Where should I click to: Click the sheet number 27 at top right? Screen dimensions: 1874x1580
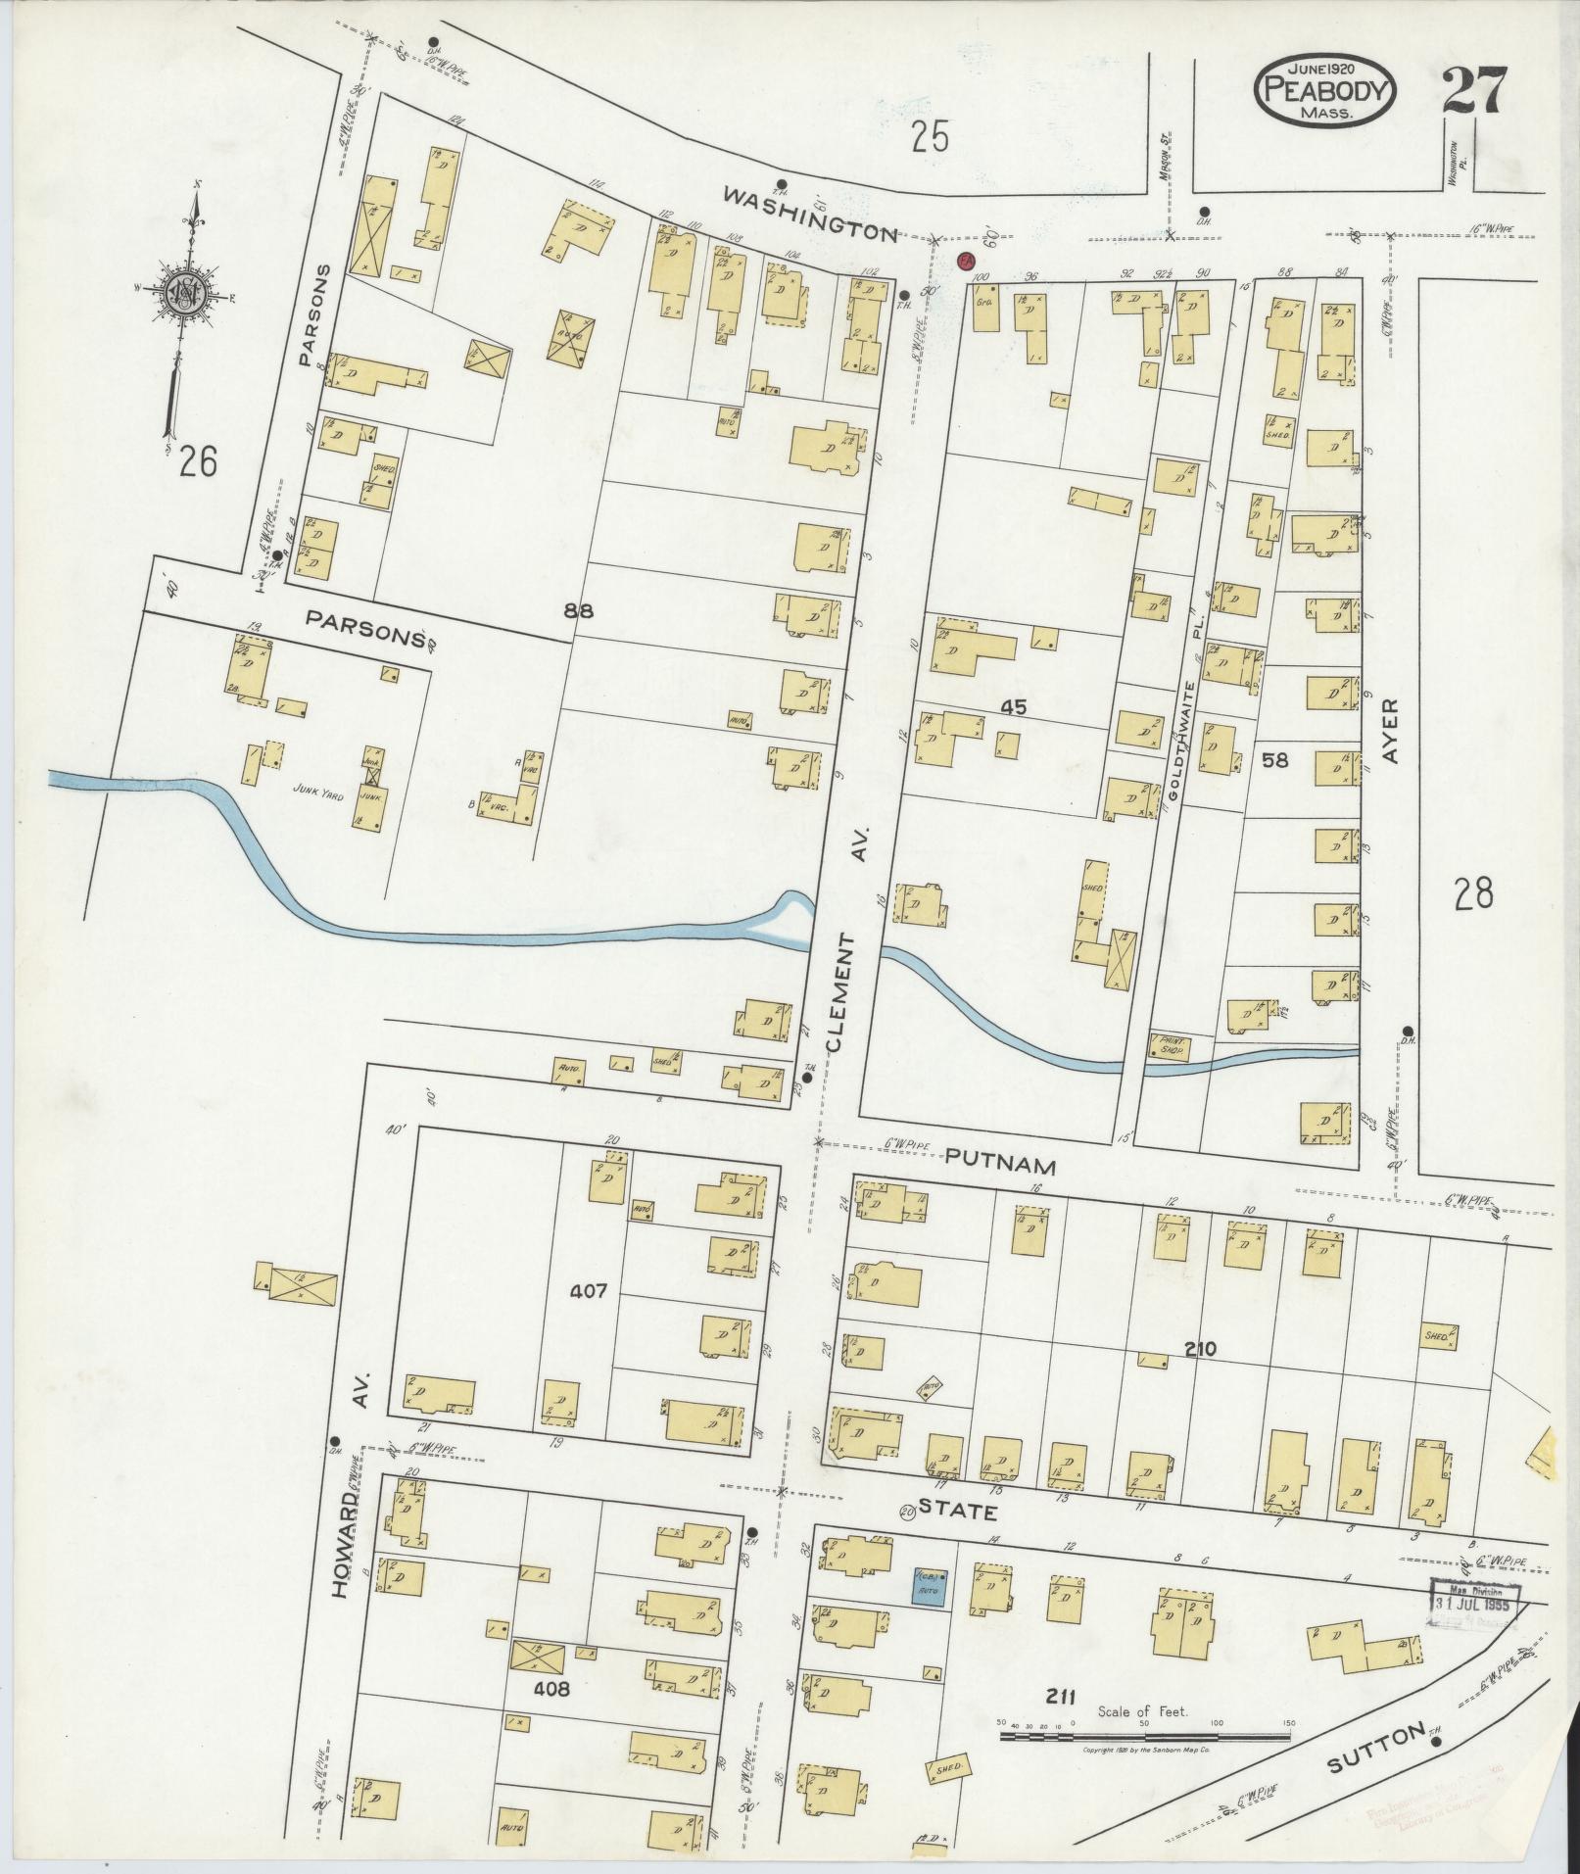1473,93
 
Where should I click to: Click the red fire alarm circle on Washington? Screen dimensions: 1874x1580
965,262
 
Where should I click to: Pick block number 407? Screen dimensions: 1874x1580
592,1292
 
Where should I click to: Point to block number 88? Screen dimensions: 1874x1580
579,610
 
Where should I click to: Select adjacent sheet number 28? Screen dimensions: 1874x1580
1473,893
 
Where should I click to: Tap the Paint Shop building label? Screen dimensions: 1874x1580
1171,1046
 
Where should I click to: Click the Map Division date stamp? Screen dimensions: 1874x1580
1474,1606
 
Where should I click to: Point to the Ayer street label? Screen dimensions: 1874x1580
1392,731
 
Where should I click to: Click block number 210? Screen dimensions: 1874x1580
1199,1349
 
